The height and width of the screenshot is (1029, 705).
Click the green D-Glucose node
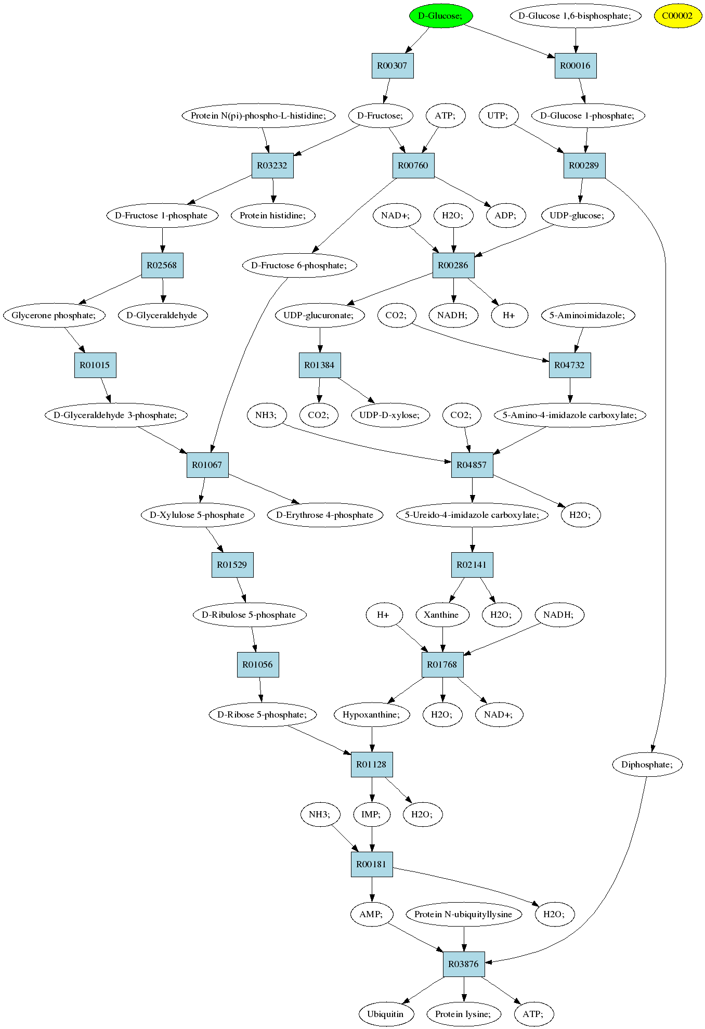(440, 16)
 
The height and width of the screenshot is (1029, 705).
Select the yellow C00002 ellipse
(677, 16)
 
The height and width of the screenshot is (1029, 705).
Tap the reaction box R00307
(393, 66)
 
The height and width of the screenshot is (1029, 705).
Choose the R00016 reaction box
(576, 66)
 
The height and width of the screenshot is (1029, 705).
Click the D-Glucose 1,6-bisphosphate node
(575, 16)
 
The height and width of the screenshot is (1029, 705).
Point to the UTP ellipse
(498, 115)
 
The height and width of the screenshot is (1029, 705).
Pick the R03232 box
(272, 165)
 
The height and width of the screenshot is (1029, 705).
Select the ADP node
(505, 215)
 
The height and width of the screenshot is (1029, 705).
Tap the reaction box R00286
(453, 265)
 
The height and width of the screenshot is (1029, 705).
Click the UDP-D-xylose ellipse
(390, 415)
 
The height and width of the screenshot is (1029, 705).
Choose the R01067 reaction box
(207, 465)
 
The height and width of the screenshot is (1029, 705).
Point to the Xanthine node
(442, 615)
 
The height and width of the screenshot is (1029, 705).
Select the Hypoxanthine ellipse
(372, 714)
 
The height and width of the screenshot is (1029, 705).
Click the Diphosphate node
(647, 764)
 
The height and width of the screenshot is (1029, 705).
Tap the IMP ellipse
(371, 814)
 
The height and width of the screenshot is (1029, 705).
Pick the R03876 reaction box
(464, 964)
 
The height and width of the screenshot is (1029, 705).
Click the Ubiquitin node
(386, 1014)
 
